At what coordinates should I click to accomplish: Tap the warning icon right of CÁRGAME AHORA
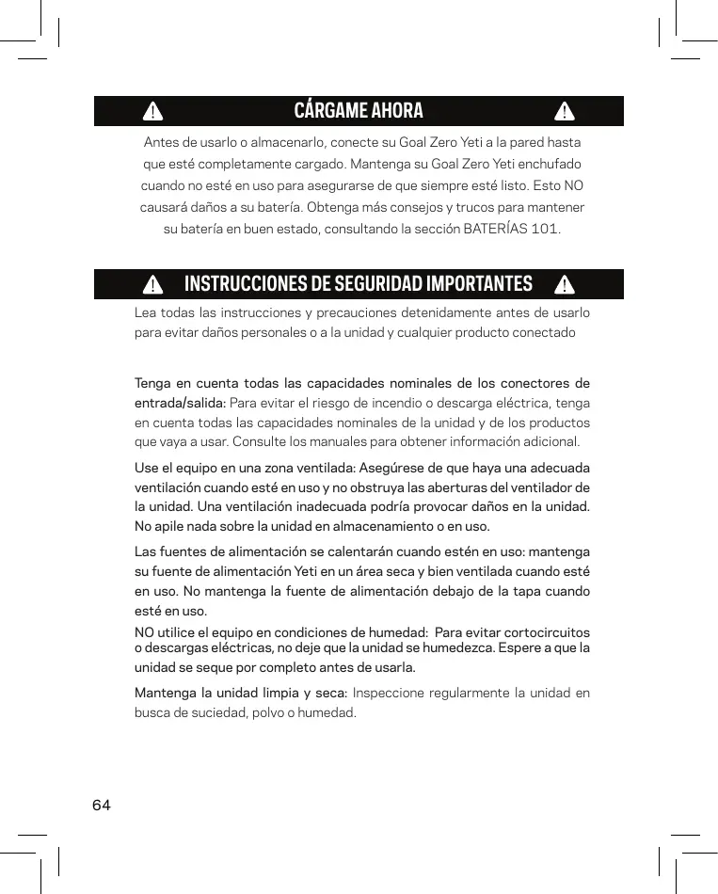coord(564,111)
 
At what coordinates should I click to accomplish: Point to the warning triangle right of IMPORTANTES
coord(564,284)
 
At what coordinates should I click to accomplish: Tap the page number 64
coord(102,806)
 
